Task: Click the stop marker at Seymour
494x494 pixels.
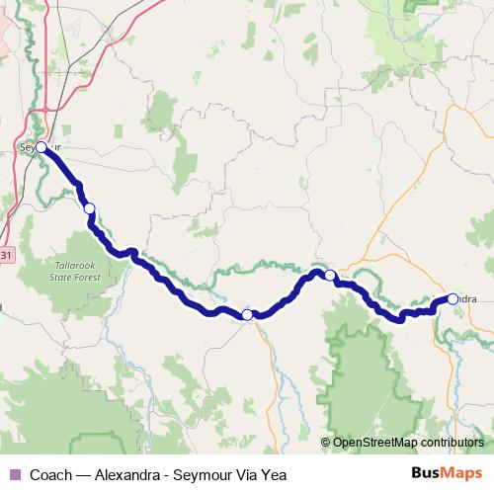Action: point(41,147)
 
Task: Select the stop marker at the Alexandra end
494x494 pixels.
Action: point(453,298)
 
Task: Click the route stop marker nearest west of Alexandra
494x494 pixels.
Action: point(330,276)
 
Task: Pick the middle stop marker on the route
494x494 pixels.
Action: point(247,315)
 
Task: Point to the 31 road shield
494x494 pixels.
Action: point(7,255)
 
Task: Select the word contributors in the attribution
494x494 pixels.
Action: point(451,443)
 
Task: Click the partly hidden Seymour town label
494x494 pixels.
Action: point(30,148)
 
